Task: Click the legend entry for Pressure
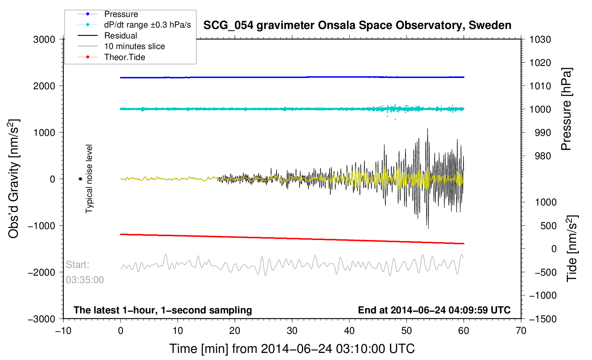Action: (121, 14)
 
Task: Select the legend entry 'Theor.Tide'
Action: (124, 57)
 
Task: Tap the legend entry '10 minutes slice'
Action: (134, 46)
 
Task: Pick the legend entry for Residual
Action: (120, 36)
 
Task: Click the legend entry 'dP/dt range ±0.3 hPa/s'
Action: (147, 25)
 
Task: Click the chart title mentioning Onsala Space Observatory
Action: (357, 25)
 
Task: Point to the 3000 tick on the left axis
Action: (44, 40)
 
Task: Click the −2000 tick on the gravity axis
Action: (41, 272)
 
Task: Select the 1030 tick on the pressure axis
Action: (540, 40)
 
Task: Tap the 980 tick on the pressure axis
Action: (540, 156)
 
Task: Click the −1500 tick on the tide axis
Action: (543, 319)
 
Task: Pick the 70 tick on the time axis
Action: (521, 331)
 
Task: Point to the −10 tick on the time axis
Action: (63, 331)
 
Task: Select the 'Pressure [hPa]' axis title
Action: (566, 109)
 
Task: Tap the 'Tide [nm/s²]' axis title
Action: (572, 248)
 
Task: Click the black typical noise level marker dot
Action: (80, 179)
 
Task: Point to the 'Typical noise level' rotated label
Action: (89, 179)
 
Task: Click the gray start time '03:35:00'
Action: (85, 280)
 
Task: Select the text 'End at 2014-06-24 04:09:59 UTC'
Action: (434, 310)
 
